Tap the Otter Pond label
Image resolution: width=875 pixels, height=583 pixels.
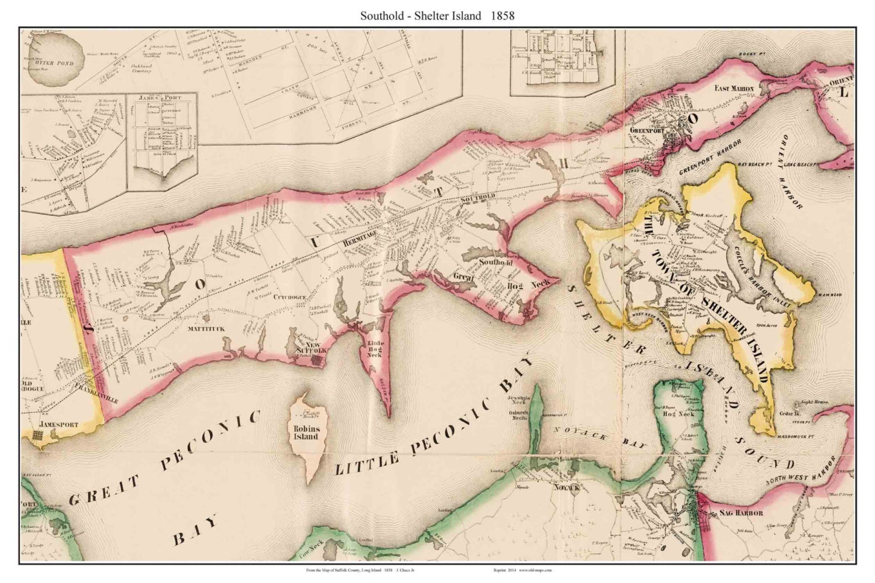(x=50, y=63)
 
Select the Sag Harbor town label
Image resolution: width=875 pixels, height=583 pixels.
(x=741, y=513)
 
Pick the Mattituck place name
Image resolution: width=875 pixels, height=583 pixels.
(x=207, y=328)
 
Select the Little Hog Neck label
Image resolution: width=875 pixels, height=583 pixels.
(x=375, y=348)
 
